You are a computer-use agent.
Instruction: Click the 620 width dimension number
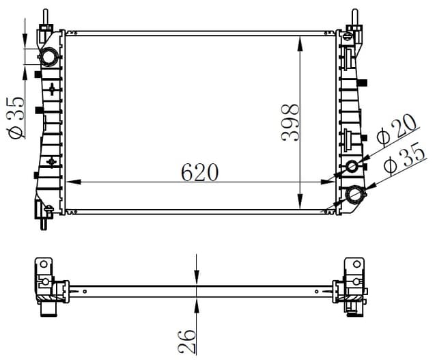pyautogui.click(x=199, y=172)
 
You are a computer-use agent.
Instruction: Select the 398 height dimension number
pyautogui.click(x=290, y=122)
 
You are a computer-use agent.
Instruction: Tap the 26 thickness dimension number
pyautogui.click(x=186, y=342)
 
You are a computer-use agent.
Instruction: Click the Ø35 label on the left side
pyautogui.click(x=16, y=117)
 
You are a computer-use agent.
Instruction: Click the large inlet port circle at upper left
pyautogui.click(x=49, y=57)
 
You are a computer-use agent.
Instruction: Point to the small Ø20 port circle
pyautogui.click(x=352, y=167)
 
